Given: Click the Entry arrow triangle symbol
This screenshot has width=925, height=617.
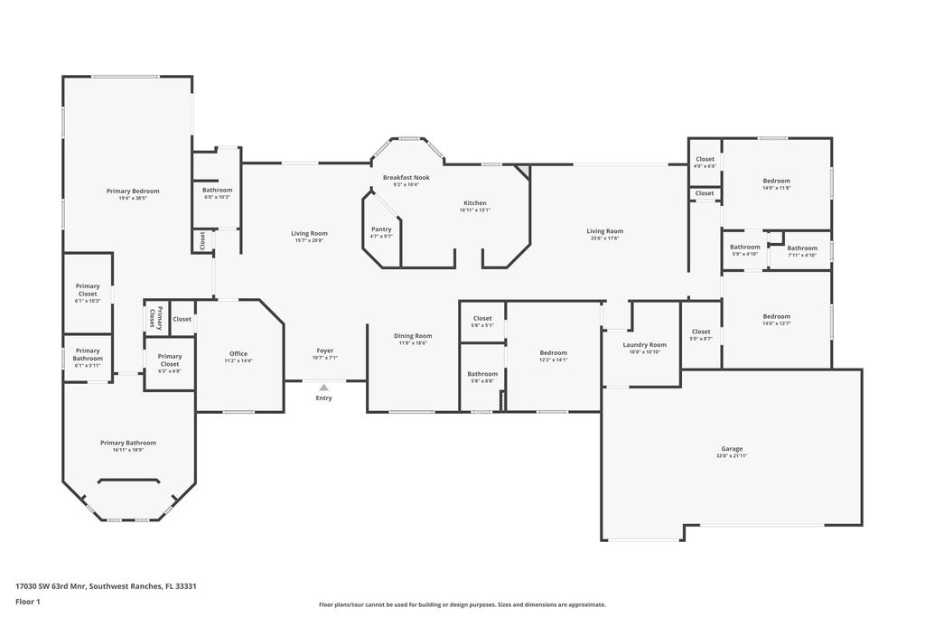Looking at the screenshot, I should [x=323, y=388].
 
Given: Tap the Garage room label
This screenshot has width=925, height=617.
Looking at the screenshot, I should [x=731, y=449].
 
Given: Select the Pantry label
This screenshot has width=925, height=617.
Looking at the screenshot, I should [x=381, y=229].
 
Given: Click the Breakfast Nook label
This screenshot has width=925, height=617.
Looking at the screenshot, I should [x=406, y=177].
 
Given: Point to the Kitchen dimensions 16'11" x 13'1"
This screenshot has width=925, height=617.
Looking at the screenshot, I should [x=474, y=210].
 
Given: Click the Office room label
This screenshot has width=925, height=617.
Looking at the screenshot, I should [x=238, y=353].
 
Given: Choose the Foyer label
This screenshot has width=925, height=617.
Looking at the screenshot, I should [x=324, y=351].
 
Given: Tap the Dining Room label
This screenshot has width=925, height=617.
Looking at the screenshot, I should [x=412, y=336].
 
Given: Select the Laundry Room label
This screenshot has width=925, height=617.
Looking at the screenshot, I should [x=645, y=344].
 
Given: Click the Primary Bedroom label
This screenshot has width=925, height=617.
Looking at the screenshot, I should [x=133, y=191].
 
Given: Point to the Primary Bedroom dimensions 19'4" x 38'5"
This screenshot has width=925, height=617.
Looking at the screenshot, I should [x=133, y=199].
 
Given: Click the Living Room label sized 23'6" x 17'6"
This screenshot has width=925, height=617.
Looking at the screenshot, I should [x=604, y=231].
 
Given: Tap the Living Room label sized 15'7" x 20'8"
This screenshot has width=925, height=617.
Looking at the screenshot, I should [x=309, y=234].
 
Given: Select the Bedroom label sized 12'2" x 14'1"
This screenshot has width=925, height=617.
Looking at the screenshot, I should [x=553, y=352].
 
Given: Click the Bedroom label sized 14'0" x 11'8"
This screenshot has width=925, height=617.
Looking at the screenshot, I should [x=776, y=181].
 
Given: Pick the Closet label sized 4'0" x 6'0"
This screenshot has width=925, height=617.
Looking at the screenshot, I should [x=705, y=159].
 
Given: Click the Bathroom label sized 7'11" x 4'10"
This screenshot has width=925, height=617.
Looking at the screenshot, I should [x=801, y=248].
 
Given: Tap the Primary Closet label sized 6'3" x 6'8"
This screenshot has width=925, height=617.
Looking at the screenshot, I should [x=170, y=360].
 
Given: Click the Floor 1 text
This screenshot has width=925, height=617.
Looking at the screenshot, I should [x=29, y=601].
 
